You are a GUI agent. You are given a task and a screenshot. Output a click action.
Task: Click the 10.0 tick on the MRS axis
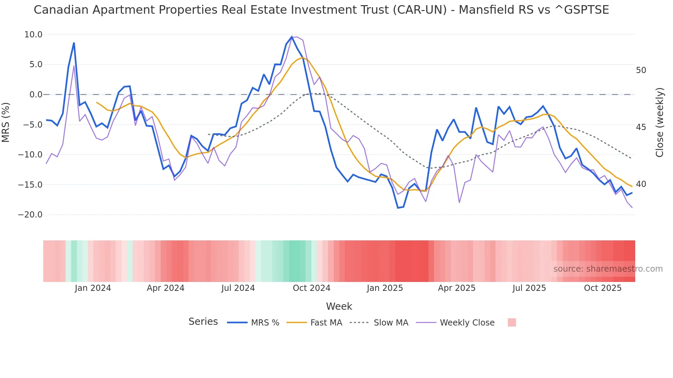[x=33, y=35]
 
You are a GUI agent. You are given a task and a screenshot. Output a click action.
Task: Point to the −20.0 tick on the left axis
[x=30, y=215]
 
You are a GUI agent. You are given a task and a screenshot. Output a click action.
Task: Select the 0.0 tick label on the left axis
[x=36, y=95]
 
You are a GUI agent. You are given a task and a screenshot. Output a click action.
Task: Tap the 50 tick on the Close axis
[x=641, y=70]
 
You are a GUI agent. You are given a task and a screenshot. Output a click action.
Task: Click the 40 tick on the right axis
[x=641, y=184]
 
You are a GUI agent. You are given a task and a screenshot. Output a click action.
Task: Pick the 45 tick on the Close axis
[x=641, y=127]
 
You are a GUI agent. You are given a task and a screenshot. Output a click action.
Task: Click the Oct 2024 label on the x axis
[x=311, y=288]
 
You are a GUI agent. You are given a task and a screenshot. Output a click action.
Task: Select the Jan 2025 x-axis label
[x=385, y=288]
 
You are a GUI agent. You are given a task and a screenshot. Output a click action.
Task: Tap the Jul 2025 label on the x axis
[x=529, y=288]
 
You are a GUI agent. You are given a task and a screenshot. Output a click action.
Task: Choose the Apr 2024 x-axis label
[x=166, y=288]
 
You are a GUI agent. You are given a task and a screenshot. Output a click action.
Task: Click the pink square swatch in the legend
[x=512, y=322]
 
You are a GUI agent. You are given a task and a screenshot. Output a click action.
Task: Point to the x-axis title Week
[x=339, y=306]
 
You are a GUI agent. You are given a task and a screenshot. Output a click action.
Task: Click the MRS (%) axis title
[x=6, y=122]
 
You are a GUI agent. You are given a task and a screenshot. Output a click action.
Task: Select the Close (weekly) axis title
[x=659, y=122]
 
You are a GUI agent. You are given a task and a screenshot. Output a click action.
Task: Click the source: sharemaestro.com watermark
[x=608, y=269]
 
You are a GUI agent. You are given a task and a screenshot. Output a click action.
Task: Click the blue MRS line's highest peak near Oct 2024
[x=292, y=37]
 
